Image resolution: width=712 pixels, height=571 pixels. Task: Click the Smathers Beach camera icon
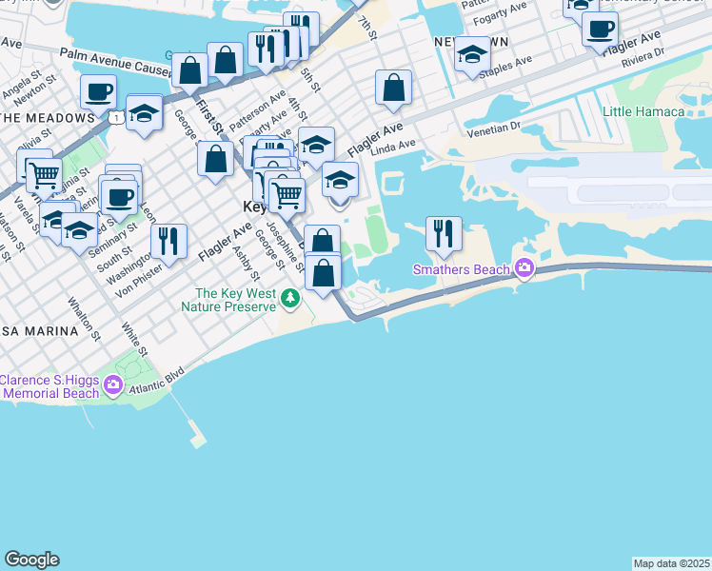coord(523,267)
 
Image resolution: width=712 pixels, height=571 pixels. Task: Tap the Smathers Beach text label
coord(461,269)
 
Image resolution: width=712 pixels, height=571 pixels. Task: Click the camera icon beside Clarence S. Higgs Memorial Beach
coord(113,385)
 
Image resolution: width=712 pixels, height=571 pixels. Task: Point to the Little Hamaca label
coord(643,111)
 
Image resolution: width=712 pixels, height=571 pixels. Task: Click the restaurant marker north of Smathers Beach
coord(443,233)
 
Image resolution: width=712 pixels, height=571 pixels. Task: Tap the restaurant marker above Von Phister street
coord(168,241)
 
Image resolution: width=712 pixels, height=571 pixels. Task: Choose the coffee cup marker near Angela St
coord(98,92)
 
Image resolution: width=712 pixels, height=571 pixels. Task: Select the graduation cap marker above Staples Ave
coord(472,53)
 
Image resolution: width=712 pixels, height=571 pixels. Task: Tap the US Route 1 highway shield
coord(115,117)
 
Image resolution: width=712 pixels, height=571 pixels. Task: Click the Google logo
coord(31,560)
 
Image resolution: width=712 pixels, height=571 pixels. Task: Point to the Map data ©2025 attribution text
coord(671,563)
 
